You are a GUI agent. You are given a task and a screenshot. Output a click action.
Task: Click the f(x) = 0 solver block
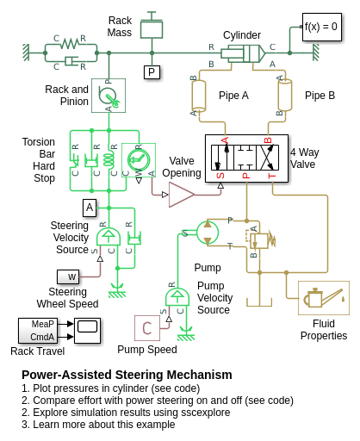[x=322, y=27]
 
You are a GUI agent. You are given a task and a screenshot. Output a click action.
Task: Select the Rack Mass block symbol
[x=152, y=28]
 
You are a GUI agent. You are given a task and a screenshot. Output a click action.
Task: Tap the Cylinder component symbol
[x=243, y=53]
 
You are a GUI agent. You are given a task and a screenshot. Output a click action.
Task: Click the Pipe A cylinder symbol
[x=199, y=96]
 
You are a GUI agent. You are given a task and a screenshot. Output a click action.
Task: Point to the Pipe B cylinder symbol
[x=285, y=96]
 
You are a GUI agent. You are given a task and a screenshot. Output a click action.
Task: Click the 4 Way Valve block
[x=246, y=158]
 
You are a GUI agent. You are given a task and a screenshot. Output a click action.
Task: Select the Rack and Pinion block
[x=109, y=96]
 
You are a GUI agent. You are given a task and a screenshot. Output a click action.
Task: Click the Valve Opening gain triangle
[x=182, y=195]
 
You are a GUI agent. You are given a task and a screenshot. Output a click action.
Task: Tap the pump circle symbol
[x=208, y=233]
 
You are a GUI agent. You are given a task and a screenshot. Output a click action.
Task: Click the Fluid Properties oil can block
[x=324, y=298]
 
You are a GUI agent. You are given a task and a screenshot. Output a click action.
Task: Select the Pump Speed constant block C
[x=147, y=328]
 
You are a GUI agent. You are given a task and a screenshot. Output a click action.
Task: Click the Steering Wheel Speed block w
[x=68, y=276]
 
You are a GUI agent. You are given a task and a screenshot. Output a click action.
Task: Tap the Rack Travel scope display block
[x=87, y=331]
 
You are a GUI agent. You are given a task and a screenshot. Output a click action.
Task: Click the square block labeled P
[x=152, y=72]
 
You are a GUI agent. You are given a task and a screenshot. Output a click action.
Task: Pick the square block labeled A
[x=90, y=208]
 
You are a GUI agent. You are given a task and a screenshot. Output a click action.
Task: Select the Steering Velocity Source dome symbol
[x=109, y=237]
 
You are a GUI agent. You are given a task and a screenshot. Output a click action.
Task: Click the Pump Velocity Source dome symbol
[x=177, y=297]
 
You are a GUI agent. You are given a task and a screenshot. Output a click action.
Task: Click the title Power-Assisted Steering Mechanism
[x=127, y=375]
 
